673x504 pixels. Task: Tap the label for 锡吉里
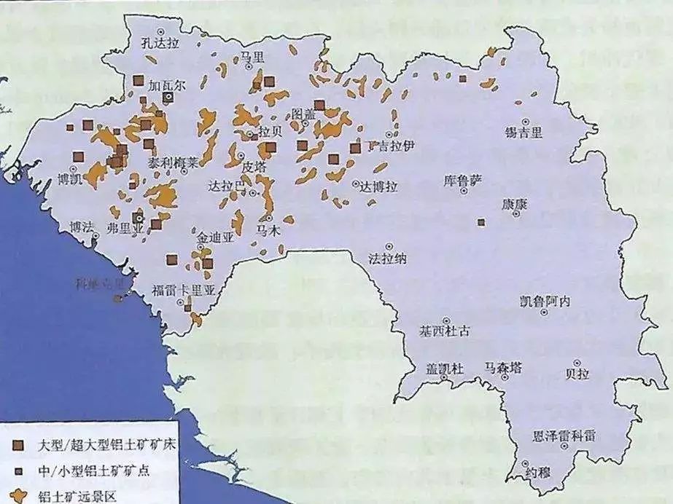(524, 133)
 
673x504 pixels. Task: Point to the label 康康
(513, 205)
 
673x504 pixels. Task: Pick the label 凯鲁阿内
(545, 301)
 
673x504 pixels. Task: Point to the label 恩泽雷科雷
(564, 436)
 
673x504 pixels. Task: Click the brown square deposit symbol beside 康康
(481, 222)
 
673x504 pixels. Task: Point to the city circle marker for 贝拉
(577, 362)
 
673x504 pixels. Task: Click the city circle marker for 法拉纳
(389, 246)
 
